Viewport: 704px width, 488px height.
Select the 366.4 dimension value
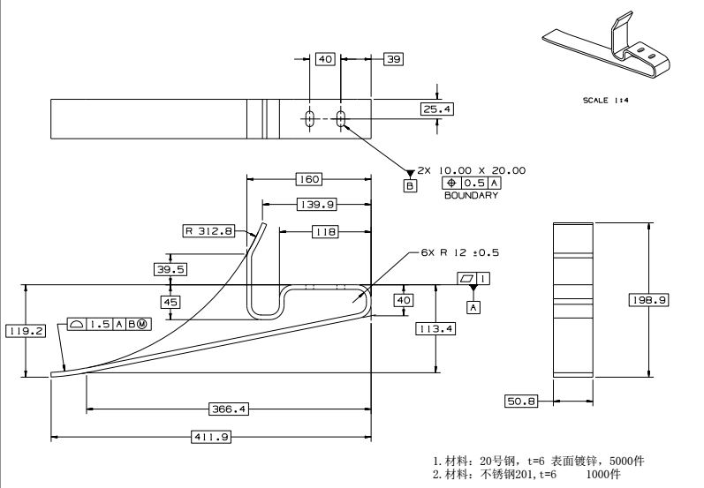point(228,409)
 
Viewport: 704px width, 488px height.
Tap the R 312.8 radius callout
point(208,231)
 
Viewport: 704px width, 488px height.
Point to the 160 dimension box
point(308,179)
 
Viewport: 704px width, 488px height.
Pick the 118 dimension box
point(325,231)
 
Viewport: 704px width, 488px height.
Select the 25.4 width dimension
point(436,109)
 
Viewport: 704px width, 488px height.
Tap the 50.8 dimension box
point(521,402)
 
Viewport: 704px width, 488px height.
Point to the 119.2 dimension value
point(25,331)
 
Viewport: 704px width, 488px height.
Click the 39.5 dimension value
point(170,268)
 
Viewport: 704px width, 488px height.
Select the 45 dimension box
point(170,302)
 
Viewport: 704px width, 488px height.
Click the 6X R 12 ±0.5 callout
point(459,252)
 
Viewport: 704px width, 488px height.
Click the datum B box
point(410,186)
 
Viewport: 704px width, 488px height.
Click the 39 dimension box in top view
point(393,59)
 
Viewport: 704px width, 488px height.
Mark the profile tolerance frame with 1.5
point(108,324)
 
